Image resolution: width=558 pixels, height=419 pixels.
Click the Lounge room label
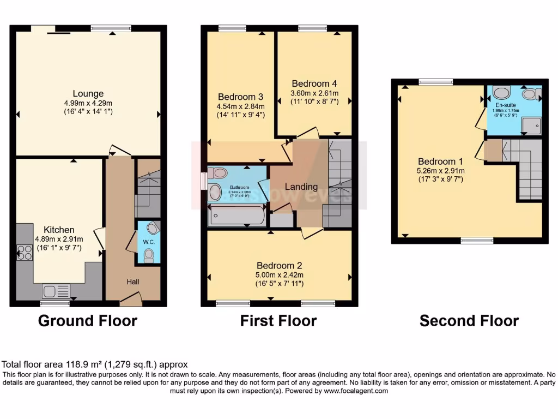(88, 94)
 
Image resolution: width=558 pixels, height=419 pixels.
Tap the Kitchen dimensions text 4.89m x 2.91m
(59, 239)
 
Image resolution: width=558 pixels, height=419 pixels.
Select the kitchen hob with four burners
(25, 252)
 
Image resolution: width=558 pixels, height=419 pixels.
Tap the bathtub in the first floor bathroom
(236, 217)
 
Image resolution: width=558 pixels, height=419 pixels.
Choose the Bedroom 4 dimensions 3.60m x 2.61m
(315, 93)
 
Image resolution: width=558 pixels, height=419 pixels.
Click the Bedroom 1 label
(440, 161)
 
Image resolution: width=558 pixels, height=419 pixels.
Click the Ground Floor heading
(87, 321)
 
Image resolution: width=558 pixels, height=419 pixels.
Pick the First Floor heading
(278, 321)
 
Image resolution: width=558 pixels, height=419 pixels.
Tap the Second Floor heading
(469, 321)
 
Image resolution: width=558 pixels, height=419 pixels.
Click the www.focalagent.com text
(355, 391)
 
